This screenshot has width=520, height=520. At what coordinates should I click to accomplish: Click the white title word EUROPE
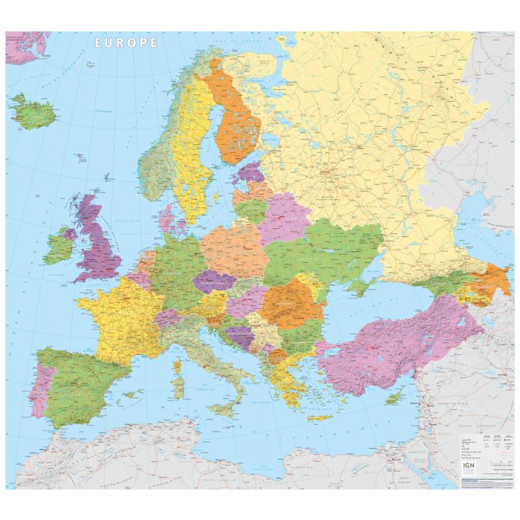point(126,43)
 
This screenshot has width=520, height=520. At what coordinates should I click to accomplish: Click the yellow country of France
point(119,312)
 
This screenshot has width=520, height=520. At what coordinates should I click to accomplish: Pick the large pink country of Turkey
point(394,342)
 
